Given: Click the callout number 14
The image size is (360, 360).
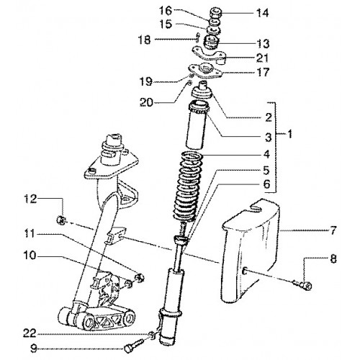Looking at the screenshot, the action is point(262,13).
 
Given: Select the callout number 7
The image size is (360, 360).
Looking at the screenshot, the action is point(333,230).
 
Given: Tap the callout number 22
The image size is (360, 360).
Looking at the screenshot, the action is point(30,333).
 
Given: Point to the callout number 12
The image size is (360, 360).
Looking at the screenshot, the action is point(30,199).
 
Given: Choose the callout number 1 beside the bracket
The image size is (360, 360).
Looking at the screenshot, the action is point(289,134).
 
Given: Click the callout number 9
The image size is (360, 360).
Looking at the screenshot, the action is point(34,349).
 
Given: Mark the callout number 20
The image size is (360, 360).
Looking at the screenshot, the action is point(146,103).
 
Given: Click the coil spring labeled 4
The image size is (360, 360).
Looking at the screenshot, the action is point(188,186).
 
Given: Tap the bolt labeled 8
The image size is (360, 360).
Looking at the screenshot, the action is point(302,285).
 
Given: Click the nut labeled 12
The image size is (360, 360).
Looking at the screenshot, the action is point(61,220).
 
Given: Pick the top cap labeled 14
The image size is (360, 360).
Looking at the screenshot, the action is point(215,12).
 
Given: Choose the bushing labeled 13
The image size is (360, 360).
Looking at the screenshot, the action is point(211,42).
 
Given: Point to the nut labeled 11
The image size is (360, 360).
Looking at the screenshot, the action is point(140,278).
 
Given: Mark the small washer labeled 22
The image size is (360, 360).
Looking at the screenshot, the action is point(152,334).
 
